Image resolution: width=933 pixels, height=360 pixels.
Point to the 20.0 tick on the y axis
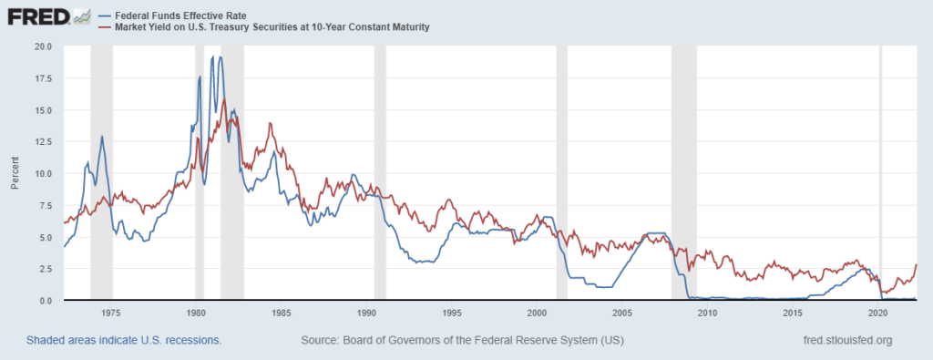click(43, 46)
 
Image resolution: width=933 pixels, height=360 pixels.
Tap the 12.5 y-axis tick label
click(43, 141)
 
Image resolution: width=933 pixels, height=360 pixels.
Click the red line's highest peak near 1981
click(224, 99)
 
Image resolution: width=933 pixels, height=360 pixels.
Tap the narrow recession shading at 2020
click(880, 173)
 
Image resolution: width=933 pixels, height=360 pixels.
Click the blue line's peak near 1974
click(102, 137)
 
